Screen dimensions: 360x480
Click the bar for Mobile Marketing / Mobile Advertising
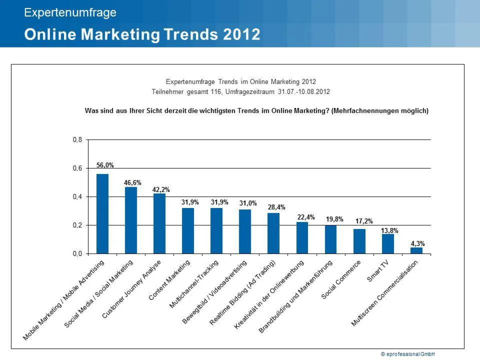(x=102, y=214)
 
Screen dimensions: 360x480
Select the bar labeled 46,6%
(x=131, y=220)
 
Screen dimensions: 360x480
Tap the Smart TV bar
(x=388, y=244)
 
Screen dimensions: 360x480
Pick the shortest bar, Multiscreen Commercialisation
(x=416, y=250)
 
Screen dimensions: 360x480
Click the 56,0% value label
(x=105, y=165)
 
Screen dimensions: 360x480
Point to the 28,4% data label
(x=276, y=207)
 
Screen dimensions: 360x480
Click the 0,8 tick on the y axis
(x=78, y=140)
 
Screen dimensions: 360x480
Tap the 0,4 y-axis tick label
(x=78, y=197)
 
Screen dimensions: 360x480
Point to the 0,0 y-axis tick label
(x=78, y=254)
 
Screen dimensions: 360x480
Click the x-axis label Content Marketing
(x=169, y=280)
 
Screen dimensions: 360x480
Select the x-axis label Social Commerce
(x=341, y=280)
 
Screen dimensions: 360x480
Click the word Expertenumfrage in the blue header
(x=70, y=13)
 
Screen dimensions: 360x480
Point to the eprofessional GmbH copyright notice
(x=408, y=354)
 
